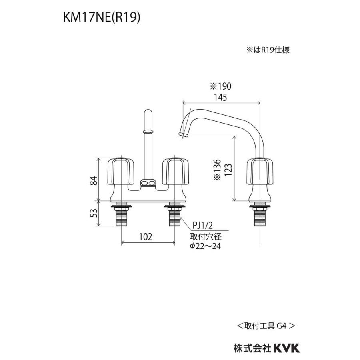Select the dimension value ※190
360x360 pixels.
pyautogui.click(x=221, y=86)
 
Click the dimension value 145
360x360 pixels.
pyautogui.click(x=220, y=97)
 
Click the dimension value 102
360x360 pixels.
pyautogui.click(x=146, y=236)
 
